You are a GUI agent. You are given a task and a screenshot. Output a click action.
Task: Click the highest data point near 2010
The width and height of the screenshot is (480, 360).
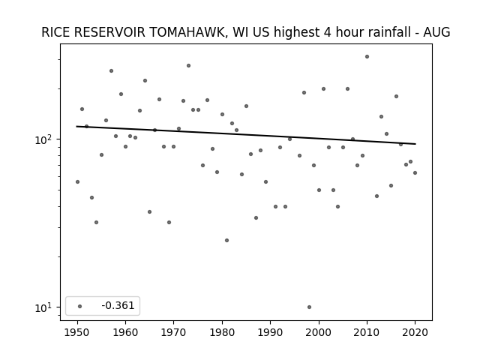[367, 57]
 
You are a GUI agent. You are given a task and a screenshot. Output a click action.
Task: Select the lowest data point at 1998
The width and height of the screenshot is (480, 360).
[309, 307]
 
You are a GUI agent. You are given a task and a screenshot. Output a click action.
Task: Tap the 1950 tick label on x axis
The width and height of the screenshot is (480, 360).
[77, 332]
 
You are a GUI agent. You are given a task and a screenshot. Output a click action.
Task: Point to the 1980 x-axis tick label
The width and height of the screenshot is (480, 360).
[222, 332]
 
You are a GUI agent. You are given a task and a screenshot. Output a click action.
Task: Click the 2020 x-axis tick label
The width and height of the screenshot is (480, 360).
[415, 332]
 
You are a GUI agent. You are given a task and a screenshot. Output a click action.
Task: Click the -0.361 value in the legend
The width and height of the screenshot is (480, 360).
[118, 305]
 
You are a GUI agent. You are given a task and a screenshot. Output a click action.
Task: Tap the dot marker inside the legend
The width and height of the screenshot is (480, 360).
[80, 306]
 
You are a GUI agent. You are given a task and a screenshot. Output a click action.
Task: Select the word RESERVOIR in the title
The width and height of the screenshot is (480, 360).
[109, 32]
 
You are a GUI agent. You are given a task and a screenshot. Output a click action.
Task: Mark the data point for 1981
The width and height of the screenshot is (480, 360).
[226, 240]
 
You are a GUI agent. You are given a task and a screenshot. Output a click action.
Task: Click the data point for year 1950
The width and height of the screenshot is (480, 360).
[77, 181]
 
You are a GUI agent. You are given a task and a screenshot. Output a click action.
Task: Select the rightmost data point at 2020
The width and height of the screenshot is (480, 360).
[415, 173]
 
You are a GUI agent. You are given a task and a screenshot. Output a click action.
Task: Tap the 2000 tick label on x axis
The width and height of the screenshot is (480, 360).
[319, 332]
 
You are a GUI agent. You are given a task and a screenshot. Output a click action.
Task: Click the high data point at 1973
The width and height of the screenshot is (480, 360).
[188, 65]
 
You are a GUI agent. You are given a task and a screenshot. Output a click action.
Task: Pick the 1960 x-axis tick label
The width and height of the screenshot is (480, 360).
[125, 332]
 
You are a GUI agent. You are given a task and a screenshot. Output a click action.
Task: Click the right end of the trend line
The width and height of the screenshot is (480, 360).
[415, 144]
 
